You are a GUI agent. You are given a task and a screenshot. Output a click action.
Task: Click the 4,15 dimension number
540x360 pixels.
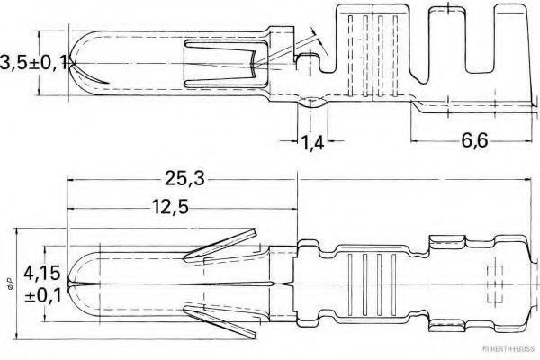coord(42,273)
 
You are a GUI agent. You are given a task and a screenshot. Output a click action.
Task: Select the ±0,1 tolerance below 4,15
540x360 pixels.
coord(42,295)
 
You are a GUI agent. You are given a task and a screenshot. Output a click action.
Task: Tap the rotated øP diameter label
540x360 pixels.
coord(10,283)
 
